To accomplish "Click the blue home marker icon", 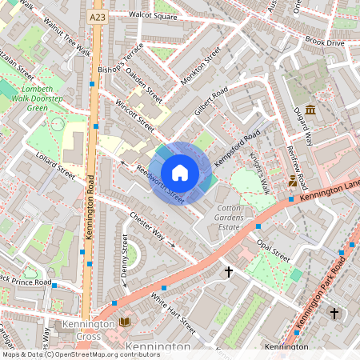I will click(180, 172).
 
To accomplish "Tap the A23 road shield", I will click(98, 17).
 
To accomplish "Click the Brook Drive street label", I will click(323, 41).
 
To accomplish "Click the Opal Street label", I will click(273, 249).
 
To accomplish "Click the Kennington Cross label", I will click(80, 330).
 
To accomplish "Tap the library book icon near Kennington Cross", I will click(124, 322).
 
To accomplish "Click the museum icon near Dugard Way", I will click(310, 109).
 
